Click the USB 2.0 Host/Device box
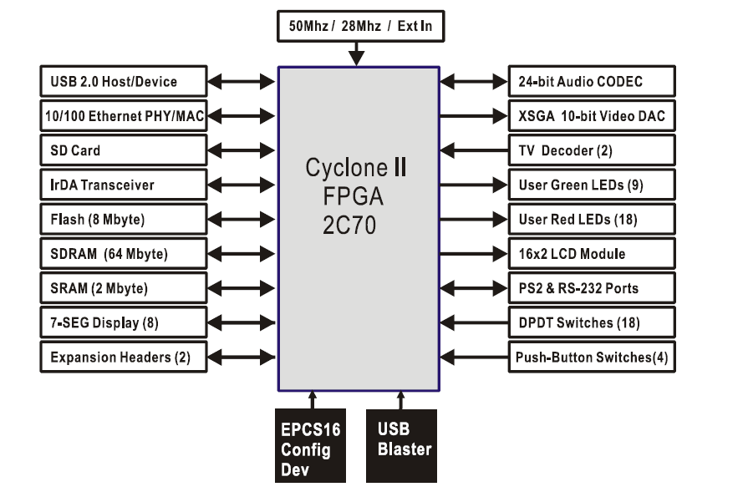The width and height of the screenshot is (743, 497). tap(122, 82)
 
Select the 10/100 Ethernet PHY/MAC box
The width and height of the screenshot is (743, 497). tap(122, 116)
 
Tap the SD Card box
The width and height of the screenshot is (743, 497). tap(122, 150)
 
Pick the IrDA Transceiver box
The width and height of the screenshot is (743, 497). tap(122, 185)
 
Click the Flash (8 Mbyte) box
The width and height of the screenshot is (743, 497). tap(122, 220)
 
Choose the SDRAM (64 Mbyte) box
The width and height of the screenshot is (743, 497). tap(122, 254)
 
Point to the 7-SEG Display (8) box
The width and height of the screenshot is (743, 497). tap(122, 322)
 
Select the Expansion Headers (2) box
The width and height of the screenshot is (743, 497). tap(122, 358)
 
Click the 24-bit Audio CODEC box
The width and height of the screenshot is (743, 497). tap(592, 82)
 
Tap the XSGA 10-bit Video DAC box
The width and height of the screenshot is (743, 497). tap(592, 116)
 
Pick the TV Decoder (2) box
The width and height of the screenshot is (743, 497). tap(592, 150)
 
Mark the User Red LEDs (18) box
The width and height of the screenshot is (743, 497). tap(592, 220)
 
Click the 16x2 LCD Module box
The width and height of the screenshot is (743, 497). tap(592, 254)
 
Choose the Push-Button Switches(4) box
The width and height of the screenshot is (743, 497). tap(592, 358)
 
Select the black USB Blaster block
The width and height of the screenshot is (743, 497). tap(402, 444)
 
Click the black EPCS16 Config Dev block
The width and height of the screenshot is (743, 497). tap(310, 444)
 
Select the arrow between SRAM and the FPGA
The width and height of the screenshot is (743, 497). tap(242, 288)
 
